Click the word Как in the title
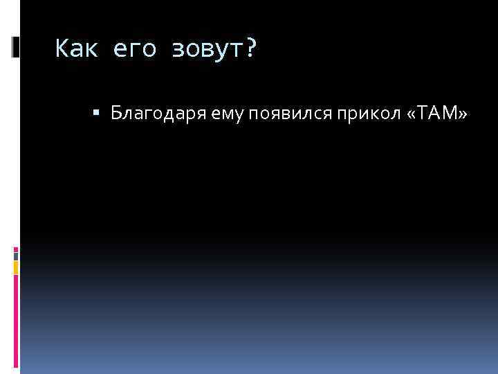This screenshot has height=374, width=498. click(77, 49)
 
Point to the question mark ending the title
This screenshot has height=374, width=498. click(250, 49)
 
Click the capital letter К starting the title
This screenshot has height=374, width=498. click(62, 49)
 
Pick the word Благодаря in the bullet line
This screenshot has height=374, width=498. click(144, 114)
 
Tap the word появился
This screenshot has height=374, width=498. click(255, 114)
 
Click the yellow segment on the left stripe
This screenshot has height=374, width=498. click(16, 267)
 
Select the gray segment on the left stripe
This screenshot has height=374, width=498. click(16, 254)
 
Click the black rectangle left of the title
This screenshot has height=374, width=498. click(17, 46)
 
